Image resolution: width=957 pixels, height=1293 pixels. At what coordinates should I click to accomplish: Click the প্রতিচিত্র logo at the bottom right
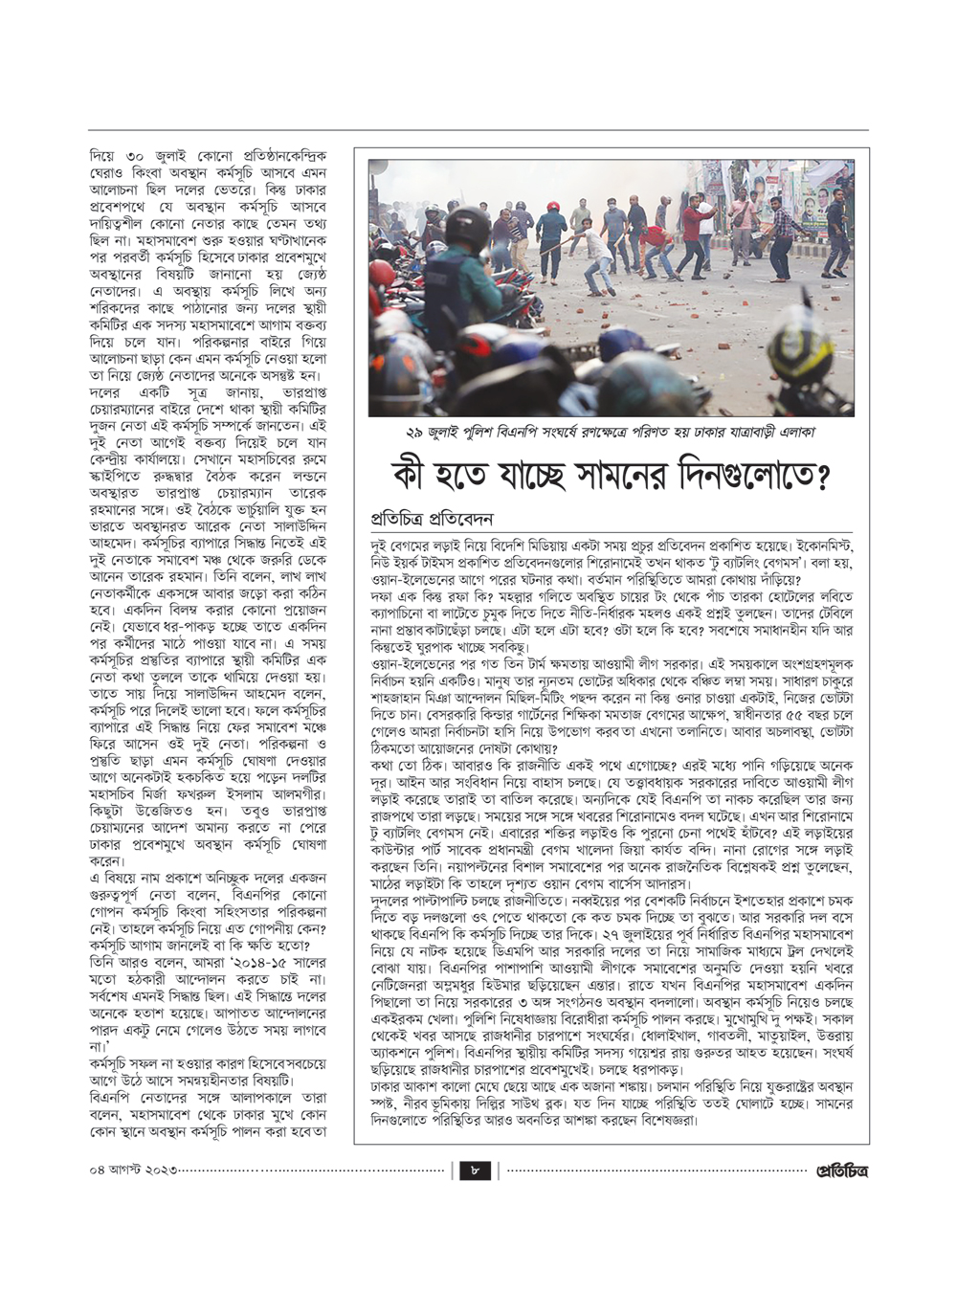pos(840,1170)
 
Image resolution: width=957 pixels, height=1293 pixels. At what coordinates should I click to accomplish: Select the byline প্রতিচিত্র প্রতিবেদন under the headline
pos(432,519)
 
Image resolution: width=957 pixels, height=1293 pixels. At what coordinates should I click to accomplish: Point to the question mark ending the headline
pos(818,476)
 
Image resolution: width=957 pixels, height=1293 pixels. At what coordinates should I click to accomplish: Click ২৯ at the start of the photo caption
pos(415,433)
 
